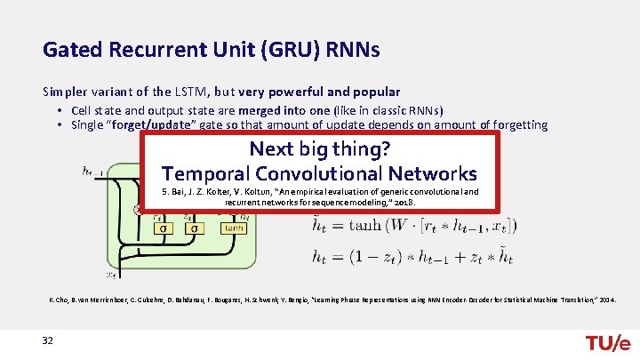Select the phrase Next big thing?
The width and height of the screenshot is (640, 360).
320,148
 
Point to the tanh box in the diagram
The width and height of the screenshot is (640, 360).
233,228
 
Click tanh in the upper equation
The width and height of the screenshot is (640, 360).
367,226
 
